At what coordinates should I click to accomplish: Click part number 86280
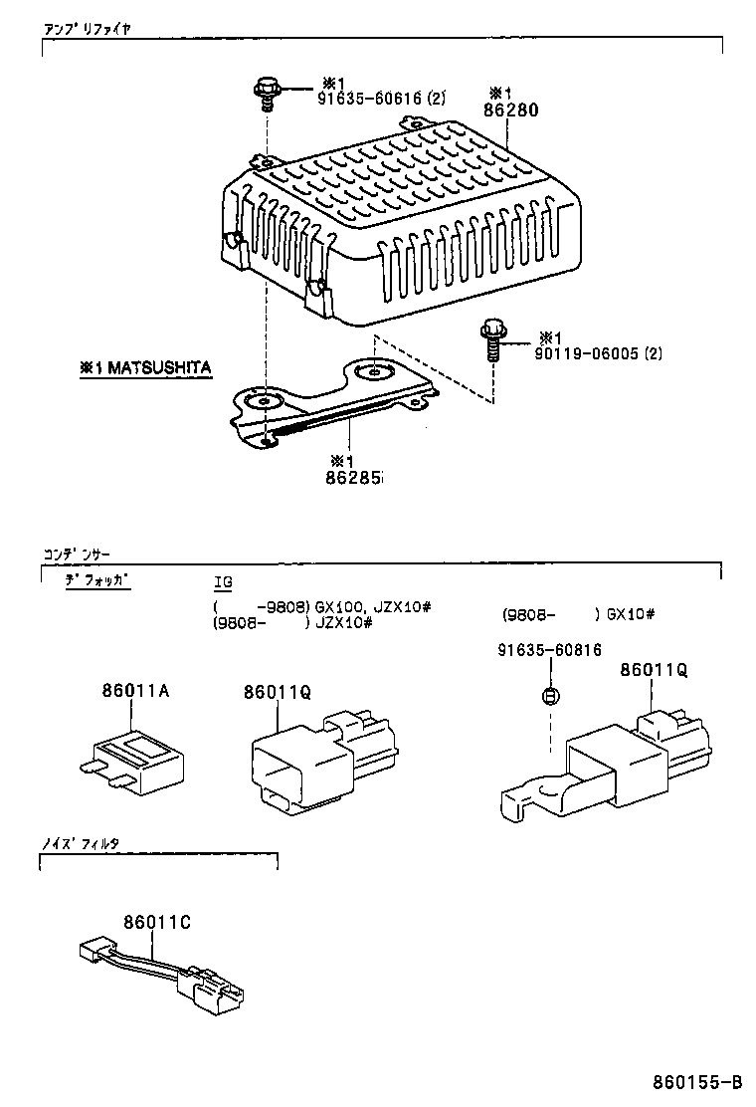point(512,111)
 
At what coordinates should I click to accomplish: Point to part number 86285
point(353,478)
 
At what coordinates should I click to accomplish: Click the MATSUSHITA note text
point(145,368)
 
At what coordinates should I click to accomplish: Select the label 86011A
point(134,690)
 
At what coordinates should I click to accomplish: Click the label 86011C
point(157,922)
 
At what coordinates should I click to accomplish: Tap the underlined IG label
point(223,581)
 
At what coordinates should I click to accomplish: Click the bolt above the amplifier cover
point(267,93)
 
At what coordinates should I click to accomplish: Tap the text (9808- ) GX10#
point(578,614)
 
